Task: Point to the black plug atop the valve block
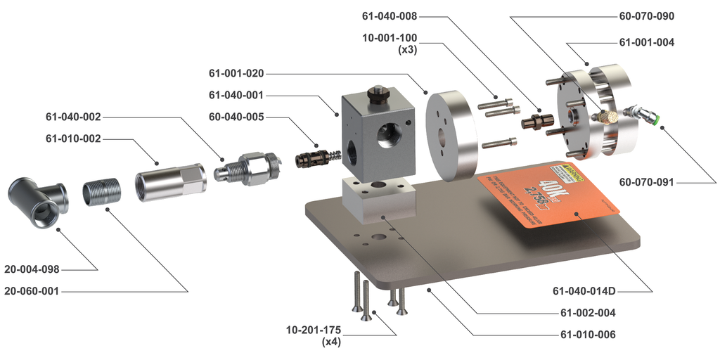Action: [x=378, y=94]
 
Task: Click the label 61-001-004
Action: [x=646, y=42]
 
